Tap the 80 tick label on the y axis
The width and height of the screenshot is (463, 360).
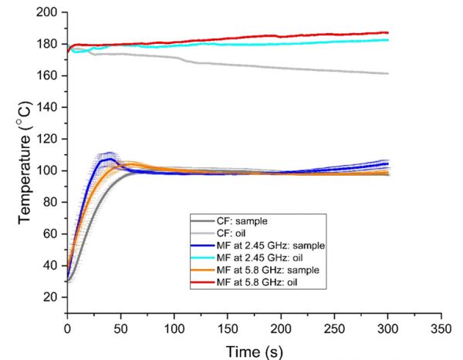(52, 202)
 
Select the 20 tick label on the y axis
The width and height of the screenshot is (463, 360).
(52, 297)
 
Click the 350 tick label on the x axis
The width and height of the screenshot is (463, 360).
(441, 327)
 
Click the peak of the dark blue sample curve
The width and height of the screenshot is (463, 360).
(109, 159)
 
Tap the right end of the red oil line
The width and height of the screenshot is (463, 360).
(388, 32)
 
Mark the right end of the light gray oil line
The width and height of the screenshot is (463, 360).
(388, 74)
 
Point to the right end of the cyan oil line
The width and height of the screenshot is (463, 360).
(388, 40)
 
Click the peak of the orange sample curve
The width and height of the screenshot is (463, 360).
(132, 163)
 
